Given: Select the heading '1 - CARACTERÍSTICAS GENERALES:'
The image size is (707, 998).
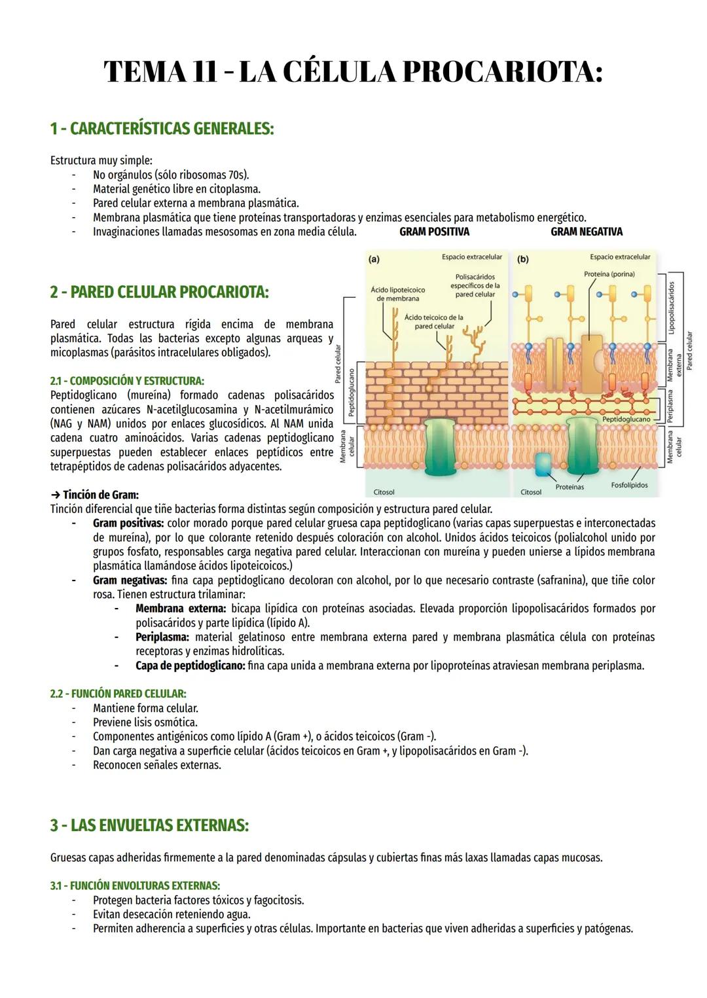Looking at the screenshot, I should tap(162, 128).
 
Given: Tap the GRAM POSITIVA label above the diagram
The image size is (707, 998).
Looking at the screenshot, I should tap(434, 232).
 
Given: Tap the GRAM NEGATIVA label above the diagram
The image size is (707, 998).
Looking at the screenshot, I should tap(586, 232).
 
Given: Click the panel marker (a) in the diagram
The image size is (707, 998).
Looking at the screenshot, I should tap(374, 259).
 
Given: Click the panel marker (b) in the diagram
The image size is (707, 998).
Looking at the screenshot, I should tap(523, 259).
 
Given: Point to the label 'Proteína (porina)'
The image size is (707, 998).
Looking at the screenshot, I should tap(609, 274).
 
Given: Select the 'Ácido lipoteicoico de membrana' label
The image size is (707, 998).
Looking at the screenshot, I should tap(397, 294).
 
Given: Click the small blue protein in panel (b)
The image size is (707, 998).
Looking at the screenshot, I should tap(543, 463).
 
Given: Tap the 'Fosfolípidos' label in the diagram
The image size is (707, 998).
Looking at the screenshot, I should tap(629, 486).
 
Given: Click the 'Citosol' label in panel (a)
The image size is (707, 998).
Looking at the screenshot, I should tap(384, 492).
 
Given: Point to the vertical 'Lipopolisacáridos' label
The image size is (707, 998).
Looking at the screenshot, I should tap(670, 308).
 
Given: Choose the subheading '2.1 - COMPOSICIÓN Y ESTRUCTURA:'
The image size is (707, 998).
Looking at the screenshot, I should tap(127, 381).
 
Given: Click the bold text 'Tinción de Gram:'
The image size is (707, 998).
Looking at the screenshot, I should tap(100, 495).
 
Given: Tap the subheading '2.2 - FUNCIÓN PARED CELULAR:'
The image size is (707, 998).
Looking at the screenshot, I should tap(118, 694).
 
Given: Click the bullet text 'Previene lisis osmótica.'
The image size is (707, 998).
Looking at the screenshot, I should tap(145, 722).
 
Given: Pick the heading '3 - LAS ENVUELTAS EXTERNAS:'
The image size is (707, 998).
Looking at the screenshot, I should tap(149, 825).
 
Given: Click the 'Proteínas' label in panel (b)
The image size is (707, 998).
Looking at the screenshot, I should tap(570, 487).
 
